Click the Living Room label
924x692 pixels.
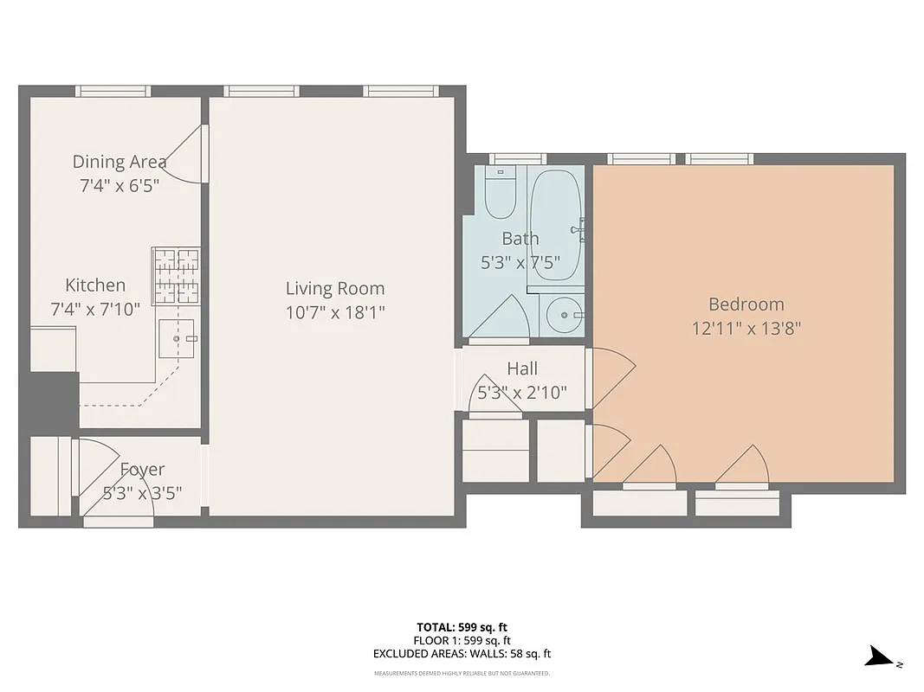335,288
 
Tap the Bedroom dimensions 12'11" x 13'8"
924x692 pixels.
746,329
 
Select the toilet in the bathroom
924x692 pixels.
500,193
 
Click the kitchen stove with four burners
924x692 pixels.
176,276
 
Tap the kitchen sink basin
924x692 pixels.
179,339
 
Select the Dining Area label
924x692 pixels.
120,162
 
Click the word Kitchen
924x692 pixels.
95,285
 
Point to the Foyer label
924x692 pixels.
142,470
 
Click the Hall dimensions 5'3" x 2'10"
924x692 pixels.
523,393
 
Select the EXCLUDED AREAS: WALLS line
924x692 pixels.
462,655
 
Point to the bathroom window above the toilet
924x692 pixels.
517,159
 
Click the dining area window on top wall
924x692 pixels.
113,91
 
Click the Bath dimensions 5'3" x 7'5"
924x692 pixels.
520,262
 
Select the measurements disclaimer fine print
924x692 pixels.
462,673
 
